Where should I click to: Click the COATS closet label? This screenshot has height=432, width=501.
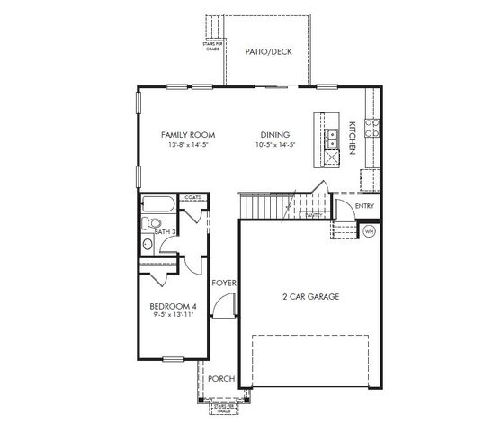tap(192, 197)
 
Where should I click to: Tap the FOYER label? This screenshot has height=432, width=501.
tap(223, 283)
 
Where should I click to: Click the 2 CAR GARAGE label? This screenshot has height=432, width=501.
tap(310, 296)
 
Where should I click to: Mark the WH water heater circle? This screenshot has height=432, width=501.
tap(368, 231)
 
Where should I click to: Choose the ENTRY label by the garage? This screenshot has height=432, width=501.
tap(364, 206)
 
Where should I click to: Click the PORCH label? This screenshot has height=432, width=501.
tap(221, 379)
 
